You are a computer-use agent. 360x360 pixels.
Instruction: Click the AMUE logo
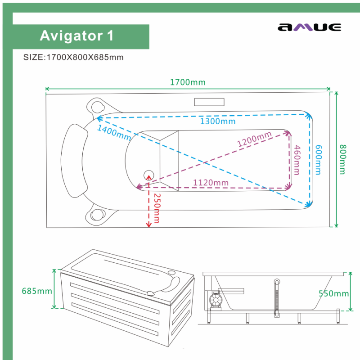coord(309,27)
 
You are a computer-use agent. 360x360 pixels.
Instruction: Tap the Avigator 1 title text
coord(76,36)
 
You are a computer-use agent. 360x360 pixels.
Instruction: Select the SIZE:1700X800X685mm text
coord(73,58)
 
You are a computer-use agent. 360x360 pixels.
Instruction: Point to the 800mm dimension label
coord(342,159)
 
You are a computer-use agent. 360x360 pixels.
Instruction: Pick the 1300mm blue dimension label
coord(218,121)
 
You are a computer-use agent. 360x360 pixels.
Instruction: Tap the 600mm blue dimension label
coord(319,159)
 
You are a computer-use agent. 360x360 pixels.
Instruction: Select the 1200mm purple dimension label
coord(254,140)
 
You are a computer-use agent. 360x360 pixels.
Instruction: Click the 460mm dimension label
coord(297,159)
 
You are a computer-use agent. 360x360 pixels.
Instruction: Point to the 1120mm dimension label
coord(211,182)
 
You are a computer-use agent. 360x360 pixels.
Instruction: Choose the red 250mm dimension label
coord(156,208)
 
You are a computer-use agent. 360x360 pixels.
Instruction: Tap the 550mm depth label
coord(333,293)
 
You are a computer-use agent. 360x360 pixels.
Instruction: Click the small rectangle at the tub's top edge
coord(209,102)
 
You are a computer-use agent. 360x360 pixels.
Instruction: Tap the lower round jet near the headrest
coord(97,215)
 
